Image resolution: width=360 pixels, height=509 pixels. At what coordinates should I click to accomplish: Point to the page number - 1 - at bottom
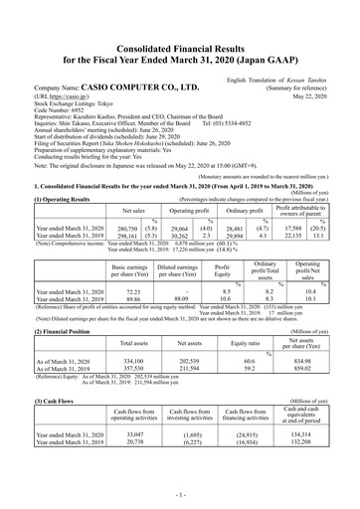pos(180,493)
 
